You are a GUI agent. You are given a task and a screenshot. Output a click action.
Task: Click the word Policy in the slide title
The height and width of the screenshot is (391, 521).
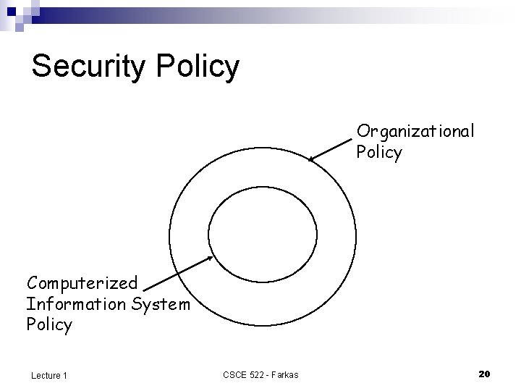tap(197, 67)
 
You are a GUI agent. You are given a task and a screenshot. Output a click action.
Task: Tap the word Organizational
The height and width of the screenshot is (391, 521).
tap(415, 131)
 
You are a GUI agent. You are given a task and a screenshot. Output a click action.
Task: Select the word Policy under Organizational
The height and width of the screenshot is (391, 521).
tap(378, 152)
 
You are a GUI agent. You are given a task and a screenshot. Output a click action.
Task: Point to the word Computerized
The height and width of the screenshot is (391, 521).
tap(82, 282)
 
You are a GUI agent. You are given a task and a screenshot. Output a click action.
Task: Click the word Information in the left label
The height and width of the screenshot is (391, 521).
tap(75, 303)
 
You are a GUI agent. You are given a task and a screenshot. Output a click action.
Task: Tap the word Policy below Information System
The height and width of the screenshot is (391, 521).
tap(49, 325)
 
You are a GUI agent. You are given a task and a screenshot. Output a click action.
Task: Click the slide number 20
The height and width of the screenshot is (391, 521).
tap(485, 374)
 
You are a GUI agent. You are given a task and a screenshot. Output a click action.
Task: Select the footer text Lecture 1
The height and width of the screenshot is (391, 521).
tap(49, 374)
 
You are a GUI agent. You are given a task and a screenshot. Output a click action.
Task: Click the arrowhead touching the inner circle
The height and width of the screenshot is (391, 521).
tap(211, 257)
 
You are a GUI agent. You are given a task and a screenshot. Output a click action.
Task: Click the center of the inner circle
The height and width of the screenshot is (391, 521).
tap(262, 233)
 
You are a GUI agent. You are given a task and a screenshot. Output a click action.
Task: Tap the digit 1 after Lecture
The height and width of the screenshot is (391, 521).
tap(65, 374)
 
